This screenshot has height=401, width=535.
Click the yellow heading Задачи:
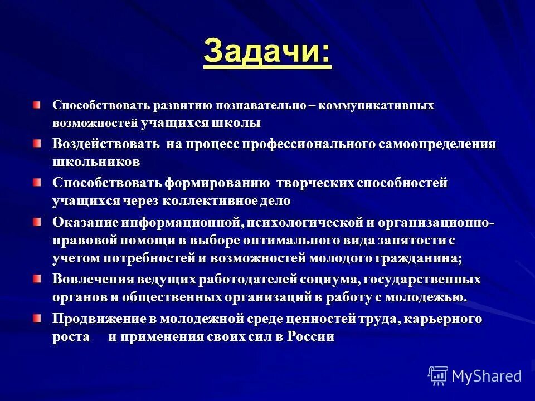pyautogui.click(x=267, y=53)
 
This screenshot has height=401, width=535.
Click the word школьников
pyautogui.click(x=96, y=162)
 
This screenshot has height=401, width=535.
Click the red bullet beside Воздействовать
pyautogui.click(x=36, y=144)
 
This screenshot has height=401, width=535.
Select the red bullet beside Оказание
pyautogui.click(x=36, y=222)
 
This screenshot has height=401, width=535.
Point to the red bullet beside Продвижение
pyautogui.click(x=36, y=319)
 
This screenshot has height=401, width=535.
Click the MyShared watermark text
pyautogui.click(x=487, y=376)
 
